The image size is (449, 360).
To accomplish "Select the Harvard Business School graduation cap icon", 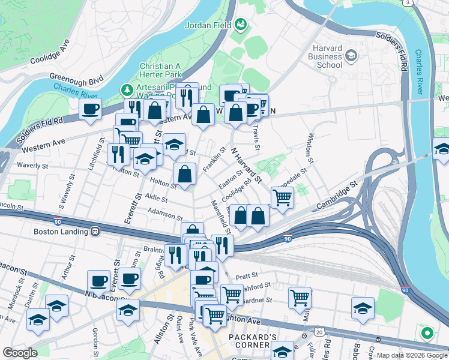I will (x=351, y=56).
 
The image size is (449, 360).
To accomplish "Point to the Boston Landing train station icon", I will (x=95, y=231).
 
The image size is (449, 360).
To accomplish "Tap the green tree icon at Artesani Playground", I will (x=127, y=90).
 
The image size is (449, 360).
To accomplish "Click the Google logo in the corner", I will (x=20, y=353).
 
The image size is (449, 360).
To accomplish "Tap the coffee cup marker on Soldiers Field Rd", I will (x=91, y=109).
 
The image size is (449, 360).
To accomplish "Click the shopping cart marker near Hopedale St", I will (x=282, y=196).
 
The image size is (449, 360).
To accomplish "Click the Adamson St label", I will (x=164, y=214).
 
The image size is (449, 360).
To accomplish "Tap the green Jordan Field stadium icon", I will (x=241, y=25).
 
